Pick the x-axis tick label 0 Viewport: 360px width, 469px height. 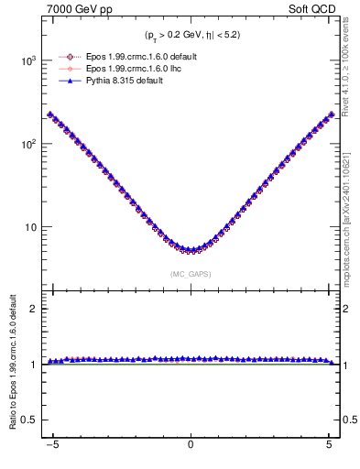point(191,449)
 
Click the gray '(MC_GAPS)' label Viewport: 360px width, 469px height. point(191,274)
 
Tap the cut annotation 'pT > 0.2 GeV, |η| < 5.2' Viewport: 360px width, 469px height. point(191,36)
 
